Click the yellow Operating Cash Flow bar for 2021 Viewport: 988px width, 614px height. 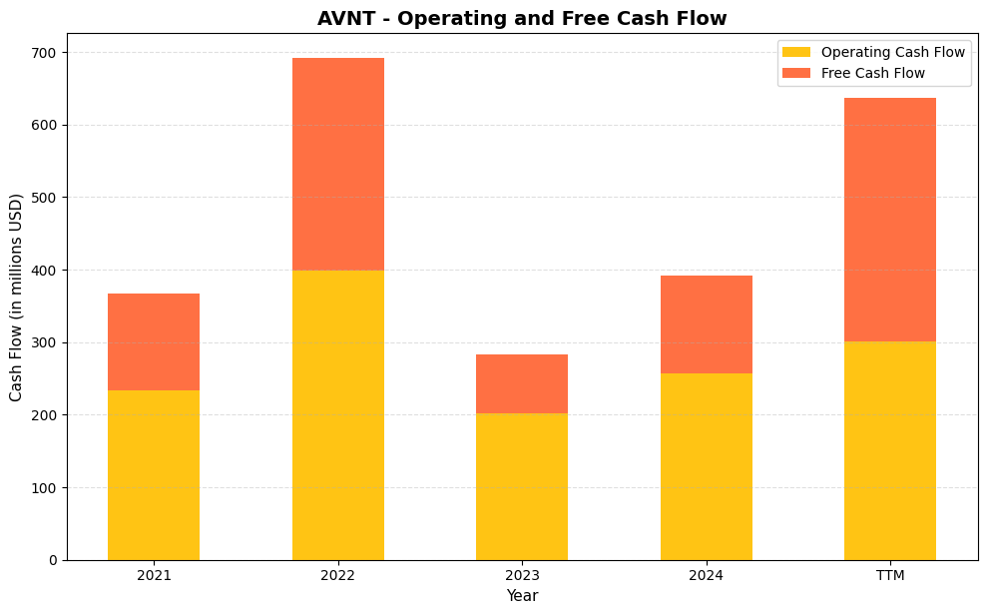[x=154, y=475]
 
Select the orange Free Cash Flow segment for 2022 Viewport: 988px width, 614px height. [x=337, y=164]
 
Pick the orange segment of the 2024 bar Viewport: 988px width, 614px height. [x=706, y=324]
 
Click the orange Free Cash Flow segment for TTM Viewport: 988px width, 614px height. [x=890, y=220]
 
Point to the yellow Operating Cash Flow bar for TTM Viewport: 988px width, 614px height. [x=890, y=450]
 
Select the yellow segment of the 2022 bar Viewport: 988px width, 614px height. [x=337, y=415]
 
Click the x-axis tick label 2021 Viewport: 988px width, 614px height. [x=154, y=576]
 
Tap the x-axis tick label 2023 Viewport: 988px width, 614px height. [x=522, y=576]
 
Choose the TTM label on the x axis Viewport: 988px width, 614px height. [x=890, y=576]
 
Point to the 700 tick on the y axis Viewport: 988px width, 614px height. [x=47, y=53]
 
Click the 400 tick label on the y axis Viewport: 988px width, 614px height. [x=47, y=271]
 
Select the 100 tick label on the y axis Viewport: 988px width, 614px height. [x=47, y=488]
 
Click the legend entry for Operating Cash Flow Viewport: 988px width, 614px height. [x=892, y=52]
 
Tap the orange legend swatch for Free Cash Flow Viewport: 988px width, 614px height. [x=795, y=73]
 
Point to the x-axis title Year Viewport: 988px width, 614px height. [x=522, y=596]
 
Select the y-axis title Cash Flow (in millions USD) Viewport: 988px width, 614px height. [x=16, y=297]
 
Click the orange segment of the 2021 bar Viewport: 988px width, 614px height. [x=154, y=341]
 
